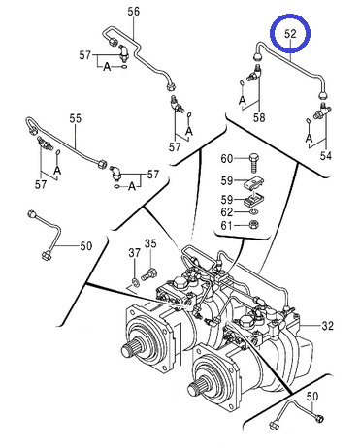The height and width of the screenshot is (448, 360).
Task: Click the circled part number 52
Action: click(x=290, y=34)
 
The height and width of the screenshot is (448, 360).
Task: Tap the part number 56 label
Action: click(x=133, y=12)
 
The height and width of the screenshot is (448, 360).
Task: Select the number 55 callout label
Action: click(x=76, y=118)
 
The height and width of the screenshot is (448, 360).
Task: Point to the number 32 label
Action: click(x=327, y=326)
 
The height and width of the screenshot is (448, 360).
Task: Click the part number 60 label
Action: click(x=227, y=159)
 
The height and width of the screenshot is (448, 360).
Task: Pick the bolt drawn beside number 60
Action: click(x=254, y=164)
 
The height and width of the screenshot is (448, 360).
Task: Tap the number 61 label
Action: click(x=227, y=225)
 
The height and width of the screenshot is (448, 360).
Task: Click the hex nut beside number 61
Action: click(x=255, y=224)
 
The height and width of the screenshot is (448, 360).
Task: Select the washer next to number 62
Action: click(x=254, y=212)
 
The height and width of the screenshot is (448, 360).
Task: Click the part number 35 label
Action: click(x=150, y=243)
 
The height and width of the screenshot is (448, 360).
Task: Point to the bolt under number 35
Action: click(x=149, y=274)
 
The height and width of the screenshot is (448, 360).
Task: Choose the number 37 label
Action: click(x=135, y=253)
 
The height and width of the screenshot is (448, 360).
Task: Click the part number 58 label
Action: click(x=259, y=118)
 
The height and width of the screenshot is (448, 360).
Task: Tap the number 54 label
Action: click(x=326, y=156)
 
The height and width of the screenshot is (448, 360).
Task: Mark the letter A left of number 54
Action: click(x=310, y=138)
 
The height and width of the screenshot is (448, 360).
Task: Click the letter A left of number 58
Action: click(x=243, y=100)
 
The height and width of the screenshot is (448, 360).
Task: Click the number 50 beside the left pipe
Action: click(x=85, y=246)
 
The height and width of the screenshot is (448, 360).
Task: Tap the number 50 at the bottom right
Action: click(x=312, y=397)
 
